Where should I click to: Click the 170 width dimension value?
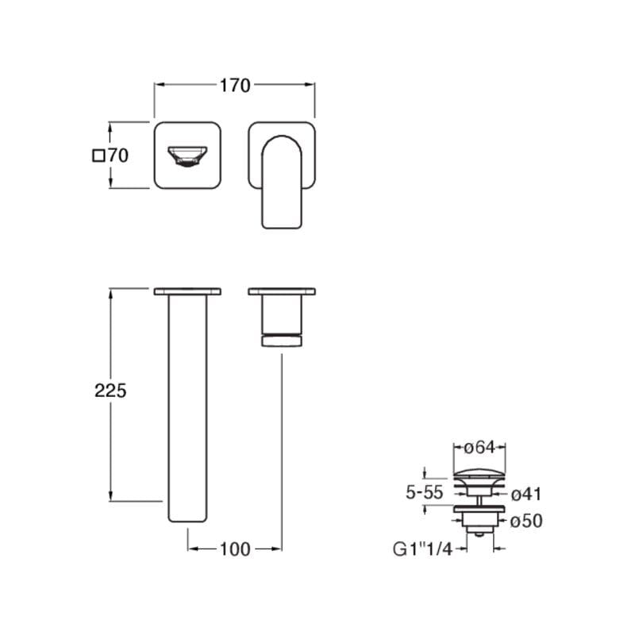(x=235, y=86)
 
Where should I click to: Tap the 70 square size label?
(x=118, y=155)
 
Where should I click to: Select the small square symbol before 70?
(x=98, y=156)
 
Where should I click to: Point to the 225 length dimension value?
(x=110, y=391)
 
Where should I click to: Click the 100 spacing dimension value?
(x=235, y=549)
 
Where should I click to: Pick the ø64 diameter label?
(x=479, y=447)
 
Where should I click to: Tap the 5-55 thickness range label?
(x=425, y=492)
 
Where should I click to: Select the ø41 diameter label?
(x=526, y=494)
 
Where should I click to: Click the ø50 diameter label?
(x=526, y=521)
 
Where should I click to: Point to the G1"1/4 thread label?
(x=422, y=549)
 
